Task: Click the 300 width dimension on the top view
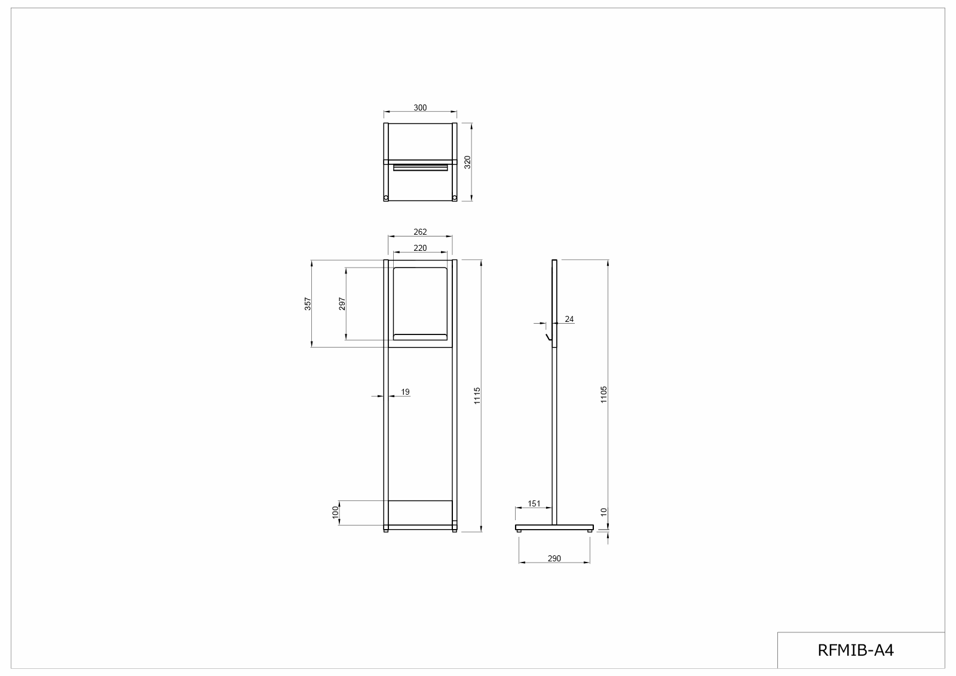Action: point(420,108)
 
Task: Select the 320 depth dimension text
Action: point(468,162)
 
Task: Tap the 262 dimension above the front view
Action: point(420,232)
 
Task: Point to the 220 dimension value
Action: point(420,248)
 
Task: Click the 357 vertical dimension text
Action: point(308,303)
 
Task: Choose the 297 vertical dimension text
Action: point(342,303)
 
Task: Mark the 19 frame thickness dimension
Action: point(405,392)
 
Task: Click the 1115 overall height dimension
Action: point(477,395)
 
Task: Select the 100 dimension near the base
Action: point(336,512)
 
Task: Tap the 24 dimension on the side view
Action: point(569,319)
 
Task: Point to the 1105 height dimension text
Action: point(604,394)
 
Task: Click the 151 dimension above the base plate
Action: point(534,503)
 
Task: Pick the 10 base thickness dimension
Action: point(604,512)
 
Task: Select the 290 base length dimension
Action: point(554,559)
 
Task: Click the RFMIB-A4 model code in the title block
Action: point(856,650)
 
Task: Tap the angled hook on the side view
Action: point(547,339)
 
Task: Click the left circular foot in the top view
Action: point(386,197)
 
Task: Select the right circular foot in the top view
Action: point(454,197)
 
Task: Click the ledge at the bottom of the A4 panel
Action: point(420,337)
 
